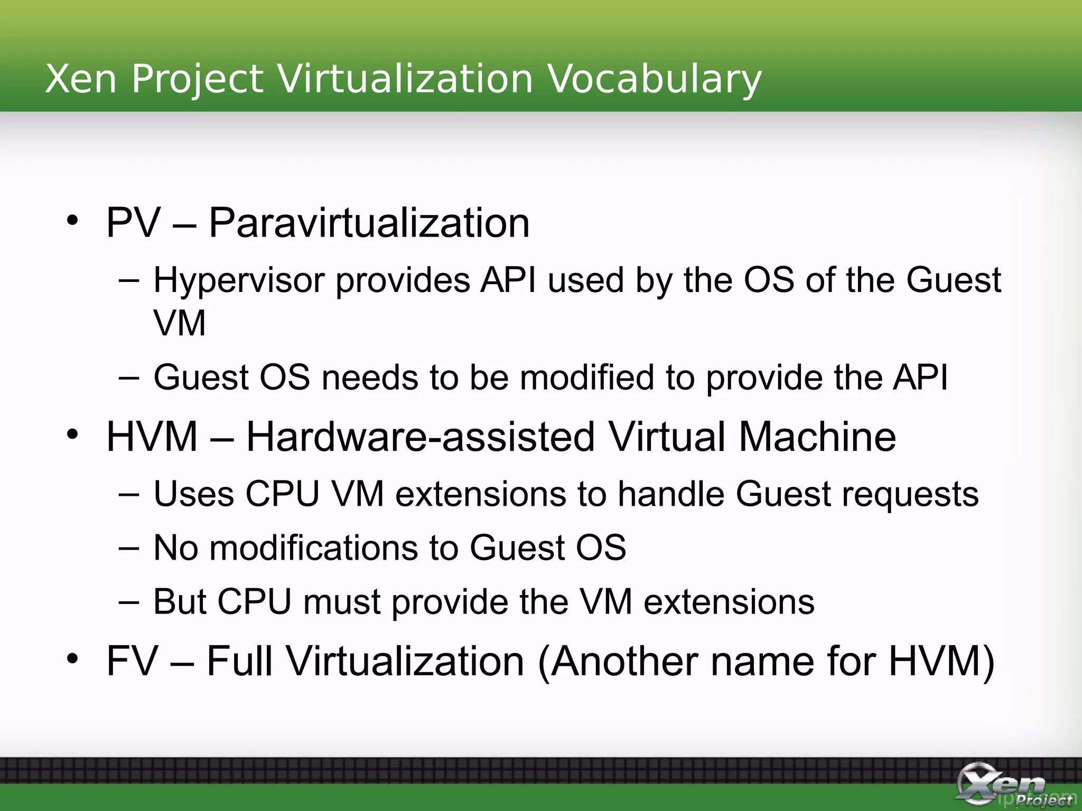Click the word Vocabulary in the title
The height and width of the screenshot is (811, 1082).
(x=654, y=80)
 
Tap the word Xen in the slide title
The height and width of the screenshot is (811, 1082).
(x=81, y=79)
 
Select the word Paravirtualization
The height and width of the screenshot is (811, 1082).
(x=369, y=223)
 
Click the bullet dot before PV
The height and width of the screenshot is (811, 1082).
(x=73, y=220)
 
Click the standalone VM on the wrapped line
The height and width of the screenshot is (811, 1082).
(x=180, y=323)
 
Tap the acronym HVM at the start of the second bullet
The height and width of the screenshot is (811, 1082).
(x=152, y=437)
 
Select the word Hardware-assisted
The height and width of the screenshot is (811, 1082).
(x=421, y=437)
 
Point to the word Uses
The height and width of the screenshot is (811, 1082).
(x=193, y=494)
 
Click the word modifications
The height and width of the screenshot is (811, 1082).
(x=313, y=548)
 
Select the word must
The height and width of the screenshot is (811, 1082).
(x=341, y=602)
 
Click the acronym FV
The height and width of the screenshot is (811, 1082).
(x=132, y=661)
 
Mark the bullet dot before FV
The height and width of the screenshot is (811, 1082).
(x=73, y=658)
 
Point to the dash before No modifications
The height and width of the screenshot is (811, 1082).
(x=129, y=549)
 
